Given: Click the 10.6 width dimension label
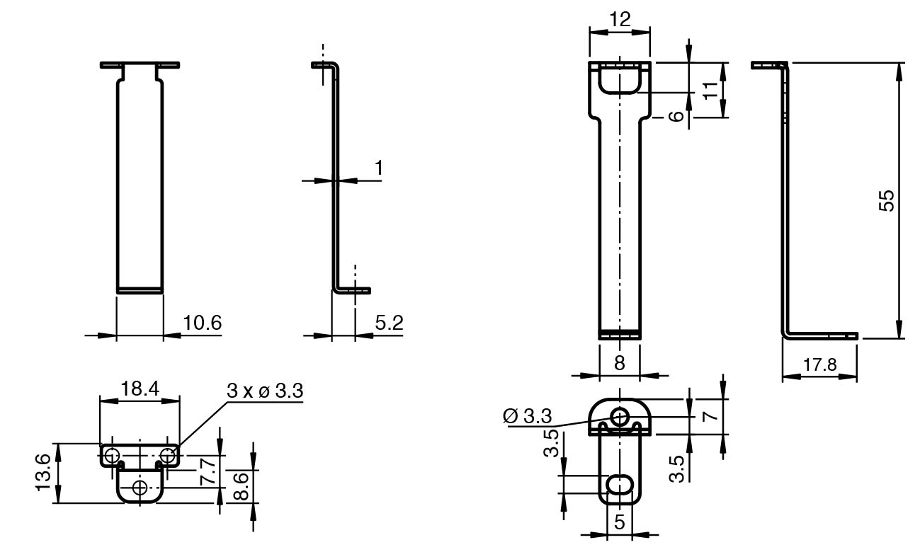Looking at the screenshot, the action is tap(202, 323).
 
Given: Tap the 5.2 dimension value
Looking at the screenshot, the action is tap(389, 323).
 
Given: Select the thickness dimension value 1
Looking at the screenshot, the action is tap(379, 168).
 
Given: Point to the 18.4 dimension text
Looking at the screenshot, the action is tap(140, 389).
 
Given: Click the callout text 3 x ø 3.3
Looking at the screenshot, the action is tap(265, 391).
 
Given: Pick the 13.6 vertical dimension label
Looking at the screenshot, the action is tap(42, 472).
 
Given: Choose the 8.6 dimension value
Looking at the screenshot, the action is tap(241, 486).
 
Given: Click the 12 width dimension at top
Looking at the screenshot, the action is tap(620, 19).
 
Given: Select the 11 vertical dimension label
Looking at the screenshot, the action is tap(710, 91).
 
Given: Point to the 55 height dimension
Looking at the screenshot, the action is tap(886, 200).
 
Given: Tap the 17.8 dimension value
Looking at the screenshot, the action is tap(820, 364).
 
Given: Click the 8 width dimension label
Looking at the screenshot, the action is tap(620, 363).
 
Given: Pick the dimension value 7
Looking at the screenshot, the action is tap(710, 416).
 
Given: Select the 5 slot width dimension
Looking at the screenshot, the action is tap(620, 522).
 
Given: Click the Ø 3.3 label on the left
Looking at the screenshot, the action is tap(528, 417).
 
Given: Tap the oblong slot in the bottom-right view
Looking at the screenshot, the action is tap(620, 483).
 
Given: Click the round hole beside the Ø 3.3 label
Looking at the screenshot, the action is tap(619, 417).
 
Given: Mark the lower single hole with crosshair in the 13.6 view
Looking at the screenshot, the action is tap(140, 488).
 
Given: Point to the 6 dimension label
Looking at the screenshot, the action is tap(676, 116).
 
